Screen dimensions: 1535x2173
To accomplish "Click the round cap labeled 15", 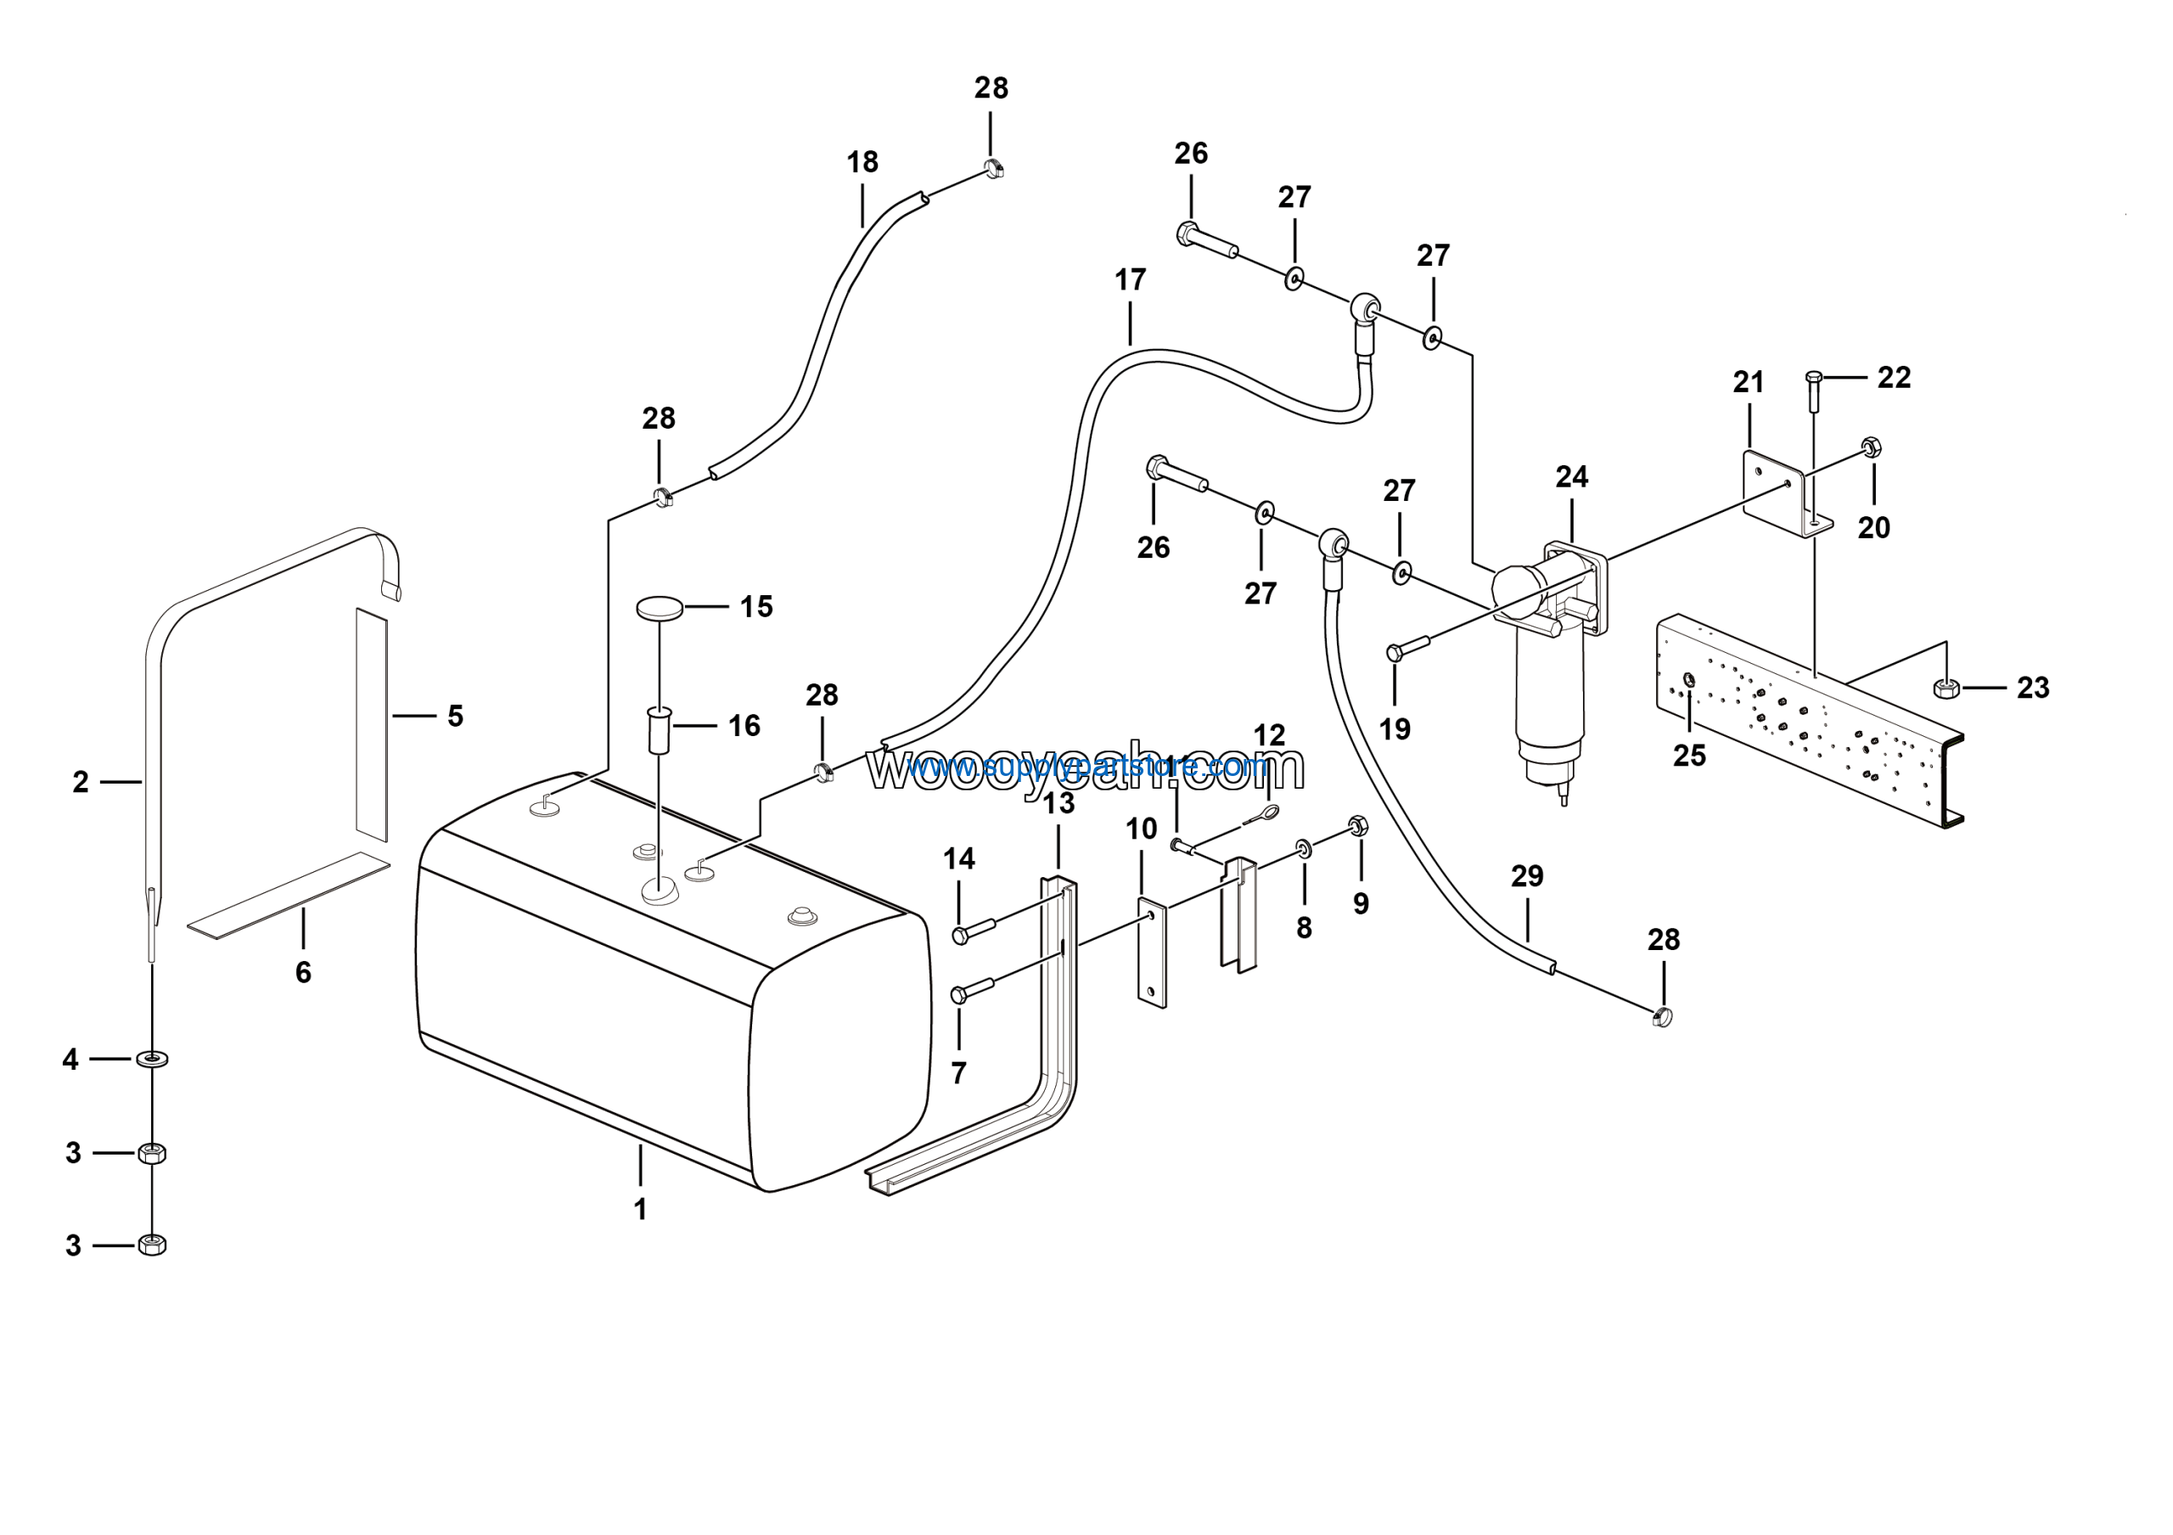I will (x=660, y=608).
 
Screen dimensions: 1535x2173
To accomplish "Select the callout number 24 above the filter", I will (x=1571, y=477).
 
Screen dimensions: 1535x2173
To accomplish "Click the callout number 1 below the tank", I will (x=640, y=1210).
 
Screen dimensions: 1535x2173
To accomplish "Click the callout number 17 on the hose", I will (x=1130, y=280).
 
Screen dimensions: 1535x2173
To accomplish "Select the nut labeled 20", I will (x=1870, y=447).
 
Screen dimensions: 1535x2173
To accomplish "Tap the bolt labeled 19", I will (x=1407, y=649).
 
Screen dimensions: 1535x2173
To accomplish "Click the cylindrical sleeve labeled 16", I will (x=659, y=728).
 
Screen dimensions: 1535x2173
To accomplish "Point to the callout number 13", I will (x=1058, y=803).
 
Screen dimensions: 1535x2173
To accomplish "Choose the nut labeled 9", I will (x=1356, y=825).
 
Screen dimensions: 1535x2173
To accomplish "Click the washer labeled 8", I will (x=1304, y=847).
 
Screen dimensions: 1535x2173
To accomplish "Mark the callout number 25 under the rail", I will (x=1689, y=756).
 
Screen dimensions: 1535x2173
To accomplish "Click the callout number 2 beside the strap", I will (x=81, y=782).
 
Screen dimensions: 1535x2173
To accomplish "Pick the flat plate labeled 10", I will (x=1152, y=955).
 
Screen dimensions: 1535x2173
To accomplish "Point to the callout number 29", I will (x=1526, y=876).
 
